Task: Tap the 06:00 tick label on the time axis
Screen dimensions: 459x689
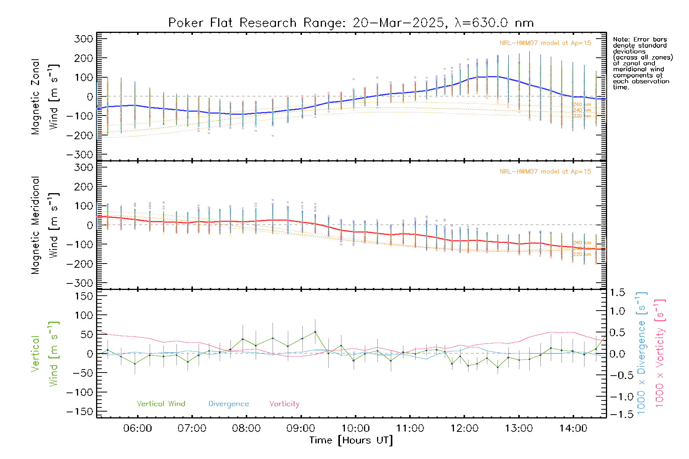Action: point(137,428)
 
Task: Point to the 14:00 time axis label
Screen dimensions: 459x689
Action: point(573,428)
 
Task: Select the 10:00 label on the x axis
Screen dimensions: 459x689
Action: point(355,428)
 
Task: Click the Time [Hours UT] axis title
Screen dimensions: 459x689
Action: point(351,440)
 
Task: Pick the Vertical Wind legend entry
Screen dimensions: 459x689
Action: point(161,404)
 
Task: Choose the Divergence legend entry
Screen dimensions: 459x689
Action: point(229,404)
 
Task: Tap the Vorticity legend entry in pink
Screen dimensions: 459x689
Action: point(284,404)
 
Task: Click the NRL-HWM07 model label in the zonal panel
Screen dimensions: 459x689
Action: point(545,43)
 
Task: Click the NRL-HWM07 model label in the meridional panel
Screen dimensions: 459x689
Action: point(545,172)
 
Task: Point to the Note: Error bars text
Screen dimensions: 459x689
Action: point(640,39)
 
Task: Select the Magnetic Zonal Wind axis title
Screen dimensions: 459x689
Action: point(45,96)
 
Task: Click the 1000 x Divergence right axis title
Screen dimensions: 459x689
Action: point(641,353)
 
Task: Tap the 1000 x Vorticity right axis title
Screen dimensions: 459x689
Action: point(660,353)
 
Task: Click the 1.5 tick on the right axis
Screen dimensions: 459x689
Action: point(617,293)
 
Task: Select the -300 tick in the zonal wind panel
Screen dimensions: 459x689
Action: point(80,155)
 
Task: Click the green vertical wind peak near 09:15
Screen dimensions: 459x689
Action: point(315,332)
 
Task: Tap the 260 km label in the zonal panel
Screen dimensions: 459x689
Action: point(582,104)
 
